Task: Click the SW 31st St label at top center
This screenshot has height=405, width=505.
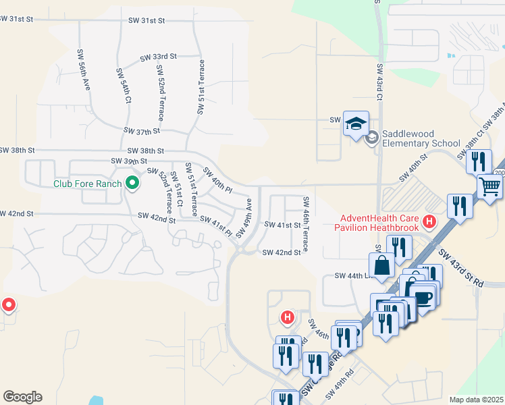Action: (147, 21)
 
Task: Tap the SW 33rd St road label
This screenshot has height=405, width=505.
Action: (158, 58)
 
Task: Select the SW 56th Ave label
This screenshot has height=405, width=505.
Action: (84, 70)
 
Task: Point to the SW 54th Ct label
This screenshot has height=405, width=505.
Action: (124, 84)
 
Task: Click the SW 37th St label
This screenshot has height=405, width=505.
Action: (142, 130)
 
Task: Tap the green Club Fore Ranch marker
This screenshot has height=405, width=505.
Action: (132, 183)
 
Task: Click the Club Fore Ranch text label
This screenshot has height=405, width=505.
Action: (88, 184)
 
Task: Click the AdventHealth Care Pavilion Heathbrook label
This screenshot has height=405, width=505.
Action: (379, 222)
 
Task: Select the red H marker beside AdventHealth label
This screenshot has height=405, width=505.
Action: (428, 221)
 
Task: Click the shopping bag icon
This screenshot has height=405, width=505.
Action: (382, 266)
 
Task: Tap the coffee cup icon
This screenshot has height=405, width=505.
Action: (423, 298)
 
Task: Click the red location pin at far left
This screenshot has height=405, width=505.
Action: (8, 304)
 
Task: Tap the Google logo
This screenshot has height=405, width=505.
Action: (22, 397)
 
